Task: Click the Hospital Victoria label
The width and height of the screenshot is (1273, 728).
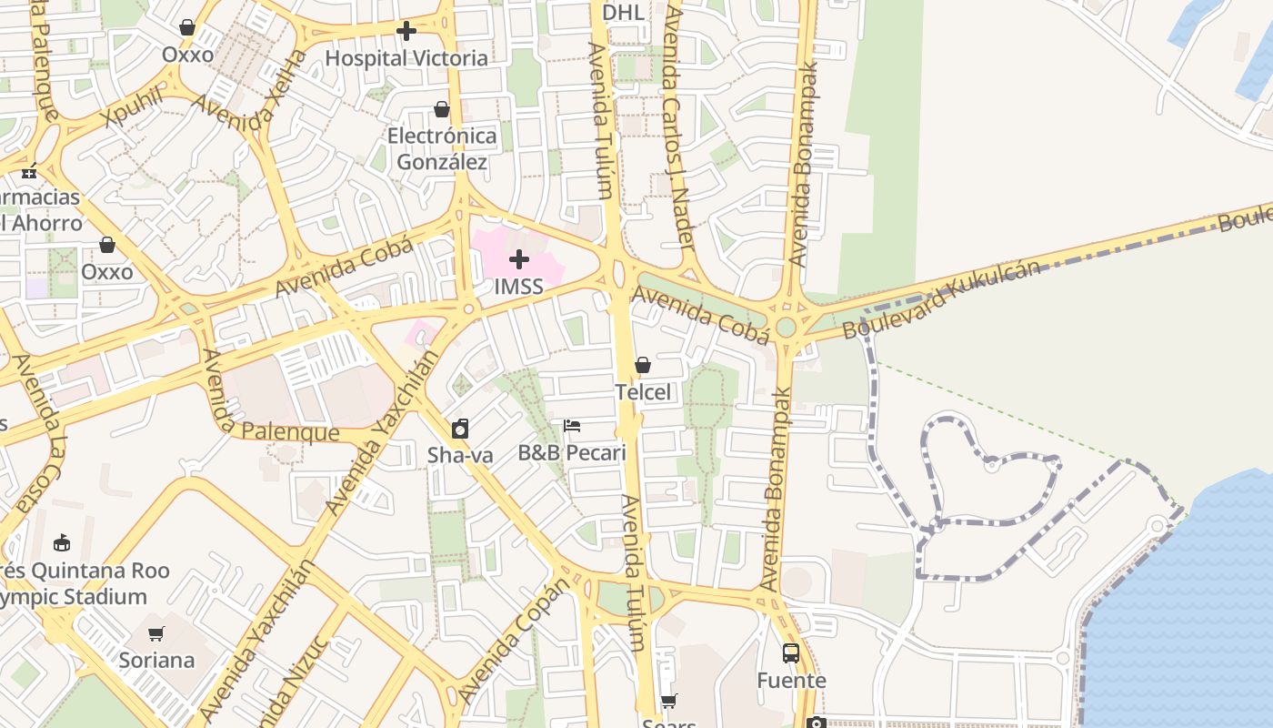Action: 406,58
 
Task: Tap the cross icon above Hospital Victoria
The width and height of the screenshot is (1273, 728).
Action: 406,32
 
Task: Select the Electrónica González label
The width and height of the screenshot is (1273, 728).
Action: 442,149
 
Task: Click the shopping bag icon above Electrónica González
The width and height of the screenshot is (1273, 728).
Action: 442,109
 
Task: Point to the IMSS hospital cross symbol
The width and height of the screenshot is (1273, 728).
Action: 519,260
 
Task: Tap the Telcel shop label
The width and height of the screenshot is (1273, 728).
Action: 643,392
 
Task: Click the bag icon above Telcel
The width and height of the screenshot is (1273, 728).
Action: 643,365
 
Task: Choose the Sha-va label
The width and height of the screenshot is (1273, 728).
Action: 460,455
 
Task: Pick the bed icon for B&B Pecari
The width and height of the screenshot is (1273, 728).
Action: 572,426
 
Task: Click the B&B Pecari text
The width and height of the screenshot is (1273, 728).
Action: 572,452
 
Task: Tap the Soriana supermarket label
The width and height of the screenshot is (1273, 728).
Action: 156,660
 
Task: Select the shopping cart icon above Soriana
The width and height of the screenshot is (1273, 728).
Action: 156,633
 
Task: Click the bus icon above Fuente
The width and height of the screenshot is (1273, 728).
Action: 791,653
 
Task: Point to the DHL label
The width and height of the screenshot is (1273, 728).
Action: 623,13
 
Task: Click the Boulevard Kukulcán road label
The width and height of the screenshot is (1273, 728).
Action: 941,299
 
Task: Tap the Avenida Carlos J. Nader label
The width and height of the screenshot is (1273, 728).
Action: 679,127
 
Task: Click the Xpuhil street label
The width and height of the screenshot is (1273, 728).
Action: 134,107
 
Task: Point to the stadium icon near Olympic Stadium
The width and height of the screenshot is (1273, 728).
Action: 62,544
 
